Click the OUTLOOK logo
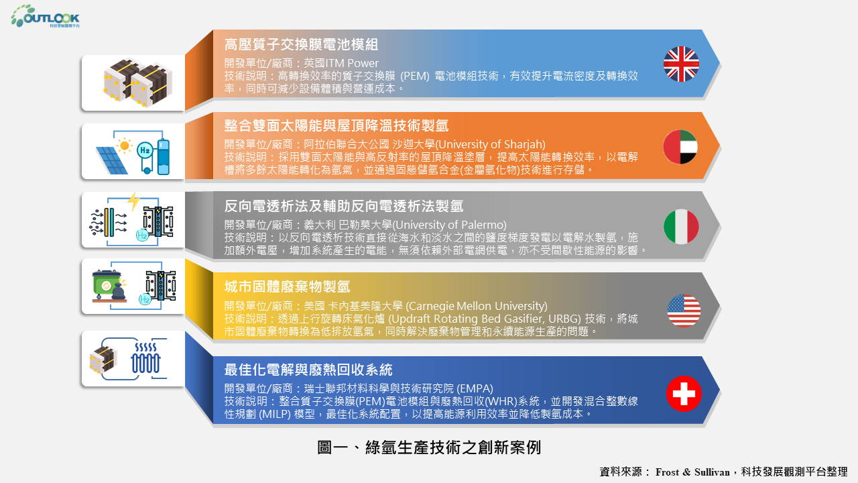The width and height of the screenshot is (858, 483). click(45, 16)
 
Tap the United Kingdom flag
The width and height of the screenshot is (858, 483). click(681, 64)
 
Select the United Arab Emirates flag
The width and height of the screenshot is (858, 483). click(680, 147)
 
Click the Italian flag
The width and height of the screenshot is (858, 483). click(681, 227)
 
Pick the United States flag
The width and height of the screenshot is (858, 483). click(684, 311)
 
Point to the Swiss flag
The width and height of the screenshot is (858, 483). click(684, 394)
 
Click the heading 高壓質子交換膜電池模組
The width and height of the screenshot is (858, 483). click(301, 44)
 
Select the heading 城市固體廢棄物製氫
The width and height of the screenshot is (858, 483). click(287, 286)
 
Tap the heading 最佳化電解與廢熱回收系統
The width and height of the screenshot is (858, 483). click(308, 370)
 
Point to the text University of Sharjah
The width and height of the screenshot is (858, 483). click(490, 144)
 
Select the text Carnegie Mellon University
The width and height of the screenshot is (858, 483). click(477, 306)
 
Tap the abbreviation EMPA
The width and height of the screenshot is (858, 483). click(475, 388)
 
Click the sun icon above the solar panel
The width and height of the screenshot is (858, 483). click(124, 146)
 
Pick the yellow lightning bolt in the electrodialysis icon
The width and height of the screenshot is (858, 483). click(133, 202)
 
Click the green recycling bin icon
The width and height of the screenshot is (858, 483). click(107, 284)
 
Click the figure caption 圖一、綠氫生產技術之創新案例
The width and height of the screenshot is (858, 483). click(429, 447)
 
